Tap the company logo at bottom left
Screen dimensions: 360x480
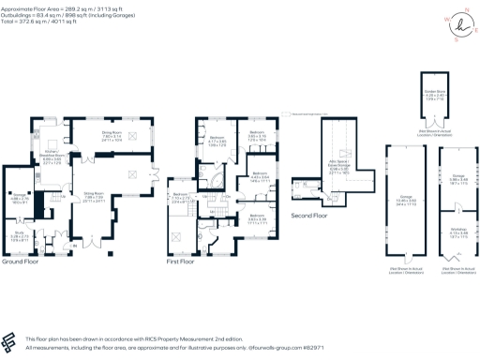click(11, 340)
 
